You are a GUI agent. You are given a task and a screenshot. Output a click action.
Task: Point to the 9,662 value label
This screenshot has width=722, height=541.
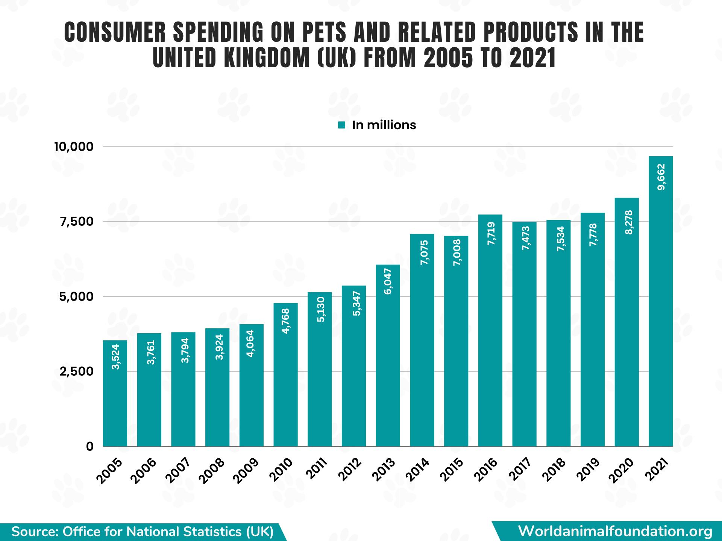coord(661,177)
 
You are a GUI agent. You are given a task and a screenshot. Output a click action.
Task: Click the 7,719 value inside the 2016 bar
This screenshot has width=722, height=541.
coord(490,234)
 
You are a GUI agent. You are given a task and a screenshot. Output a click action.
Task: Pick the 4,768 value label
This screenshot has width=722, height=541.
coord(286,321)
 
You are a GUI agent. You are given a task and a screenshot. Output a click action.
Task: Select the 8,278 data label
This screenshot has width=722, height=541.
coord(627,222)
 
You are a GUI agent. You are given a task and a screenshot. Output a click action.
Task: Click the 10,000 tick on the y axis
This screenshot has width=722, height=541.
coord(74,147)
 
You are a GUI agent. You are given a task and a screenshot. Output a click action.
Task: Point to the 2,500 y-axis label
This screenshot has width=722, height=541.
coord(76,372)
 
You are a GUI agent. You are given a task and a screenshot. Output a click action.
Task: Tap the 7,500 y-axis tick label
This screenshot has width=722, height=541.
coord(76,222)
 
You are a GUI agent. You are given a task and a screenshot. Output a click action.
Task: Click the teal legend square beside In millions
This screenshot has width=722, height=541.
coord(341,125)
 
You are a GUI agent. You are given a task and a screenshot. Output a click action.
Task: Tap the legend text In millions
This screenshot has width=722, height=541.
coord(384,125)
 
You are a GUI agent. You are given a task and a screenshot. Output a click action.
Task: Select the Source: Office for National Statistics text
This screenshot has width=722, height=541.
coord(143,532)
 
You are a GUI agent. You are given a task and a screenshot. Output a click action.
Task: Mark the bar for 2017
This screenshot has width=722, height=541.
coord(524,338)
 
